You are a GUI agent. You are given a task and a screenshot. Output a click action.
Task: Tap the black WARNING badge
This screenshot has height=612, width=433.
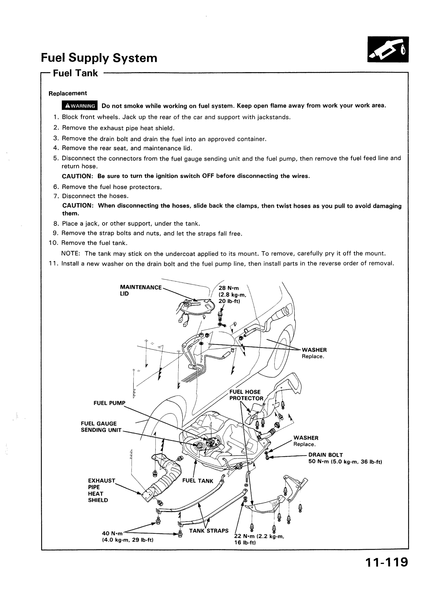tap(80, 106)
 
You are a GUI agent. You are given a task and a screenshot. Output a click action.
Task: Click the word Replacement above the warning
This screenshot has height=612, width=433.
tap(68, 93)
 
